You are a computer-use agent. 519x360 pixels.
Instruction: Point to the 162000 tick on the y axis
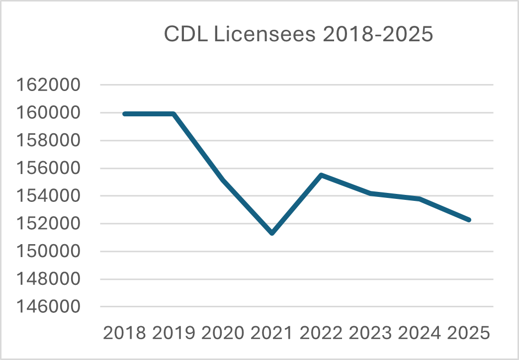click(48, 85)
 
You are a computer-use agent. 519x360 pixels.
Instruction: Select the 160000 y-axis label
click(48, 113)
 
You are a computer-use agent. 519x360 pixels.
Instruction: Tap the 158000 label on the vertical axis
click(48, 141)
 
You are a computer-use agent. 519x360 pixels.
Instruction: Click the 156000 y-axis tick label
click(48, 169)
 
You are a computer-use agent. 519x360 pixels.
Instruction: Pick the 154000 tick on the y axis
click(48, 196)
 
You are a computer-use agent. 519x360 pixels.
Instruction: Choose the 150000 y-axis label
click(48, 252)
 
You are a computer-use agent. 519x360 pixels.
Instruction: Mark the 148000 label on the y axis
click(48, 279)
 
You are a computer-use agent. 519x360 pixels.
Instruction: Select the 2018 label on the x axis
click(124, 333)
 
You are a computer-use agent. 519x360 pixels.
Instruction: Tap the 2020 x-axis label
click(223, 333)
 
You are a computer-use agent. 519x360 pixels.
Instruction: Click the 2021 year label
click(272, 333)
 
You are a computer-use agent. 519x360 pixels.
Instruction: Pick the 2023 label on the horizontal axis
click(370, 333)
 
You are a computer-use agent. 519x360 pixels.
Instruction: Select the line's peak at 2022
click(321, 175)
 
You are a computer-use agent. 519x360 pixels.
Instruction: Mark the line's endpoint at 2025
click(469, 220)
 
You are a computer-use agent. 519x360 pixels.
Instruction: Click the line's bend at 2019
click(173, 114)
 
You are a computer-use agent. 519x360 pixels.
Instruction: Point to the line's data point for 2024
click(420, 199)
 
